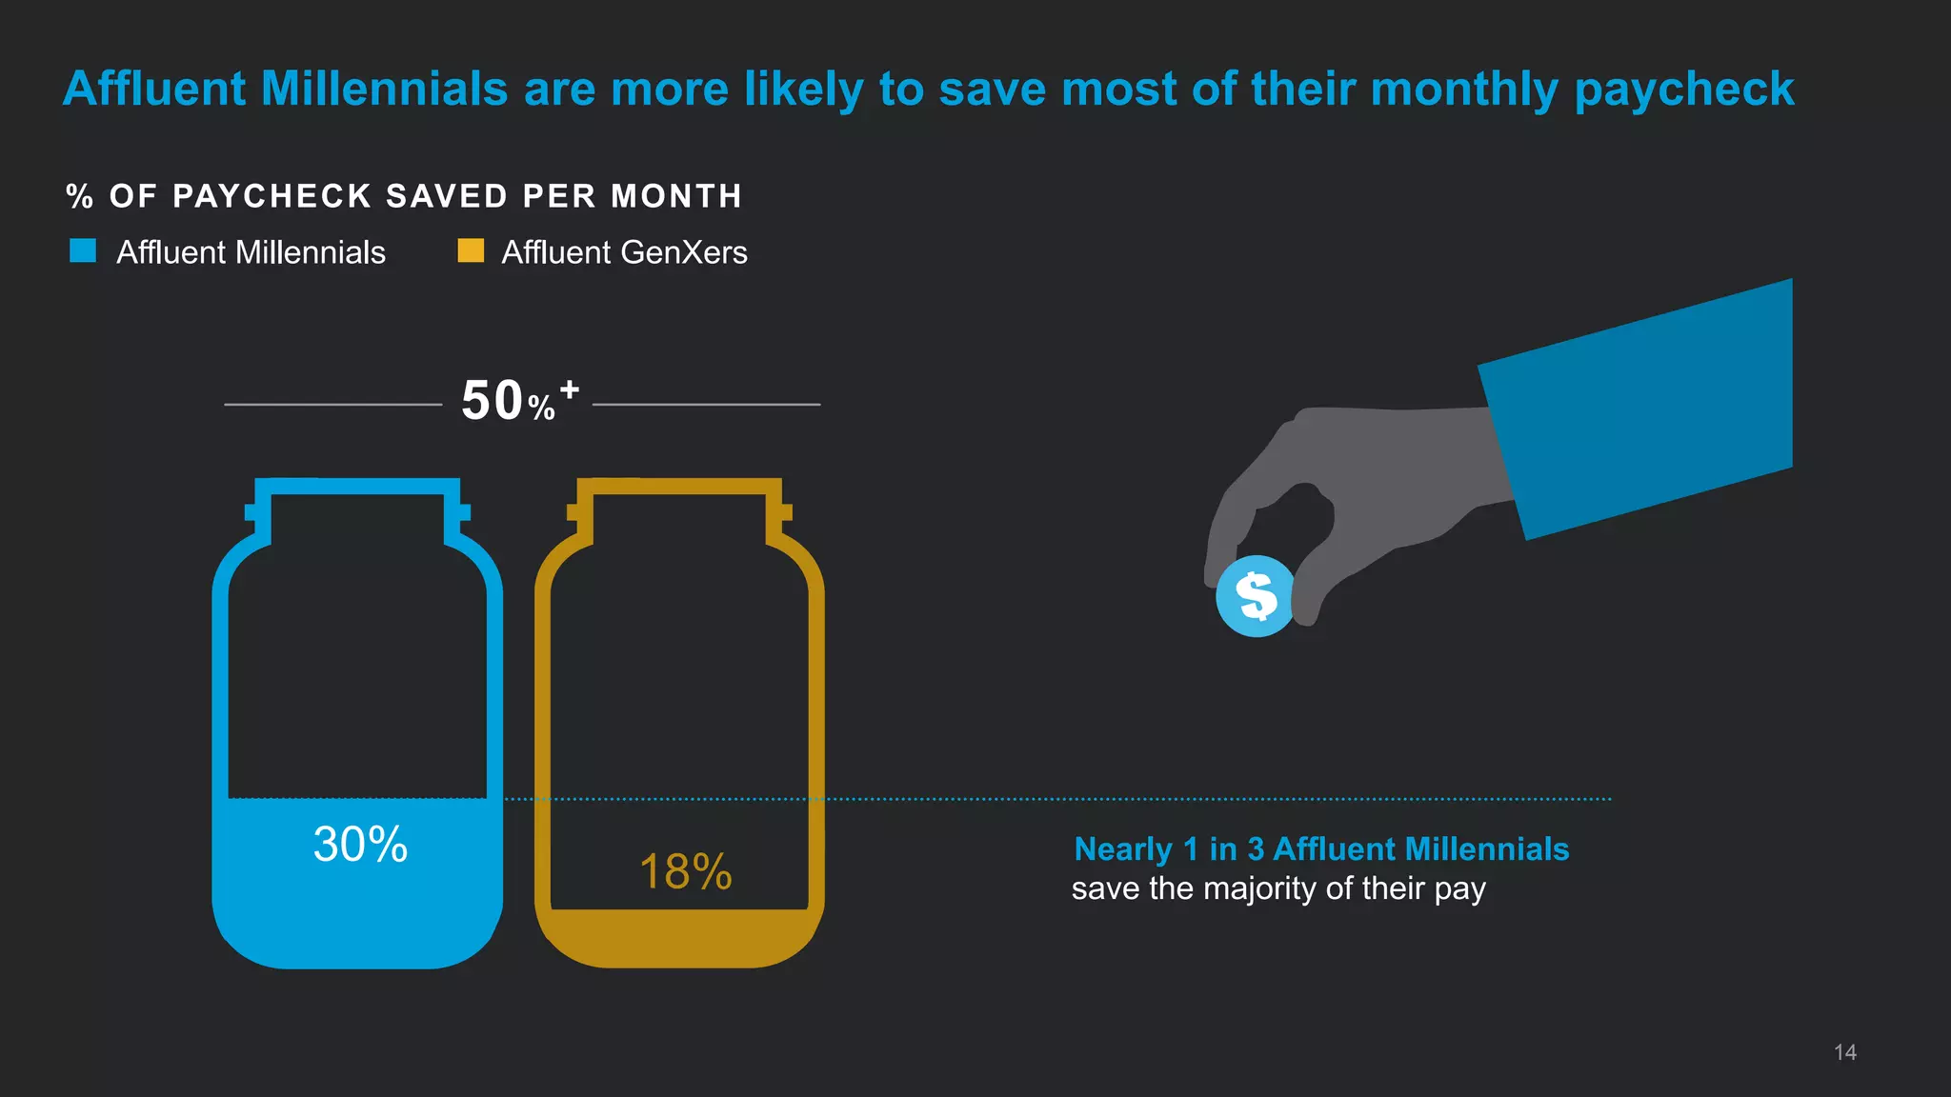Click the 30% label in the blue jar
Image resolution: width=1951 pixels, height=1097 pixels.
(360, 845)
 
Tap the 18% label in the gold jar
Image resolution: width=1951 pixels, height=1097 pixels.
(685, 872)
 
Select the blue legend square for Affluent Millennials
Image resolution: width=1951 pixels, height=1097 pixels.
(83, 250)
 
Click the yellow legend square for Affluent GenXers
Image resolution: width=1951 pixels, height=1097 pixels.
(471, 250)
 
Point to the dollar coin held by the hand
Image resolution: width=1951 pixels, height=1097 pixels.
(1256, 596)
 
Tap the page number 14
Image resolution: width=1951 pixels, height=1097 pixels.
(1844, 1052)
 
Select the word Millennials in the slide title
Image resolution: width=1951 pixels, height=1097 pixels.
(384, 90)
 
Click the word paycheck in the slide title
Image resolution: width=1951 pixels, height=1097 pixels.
(1683, 90)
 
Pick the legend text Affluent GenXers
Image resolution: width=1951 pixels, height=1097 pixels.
(624, 252)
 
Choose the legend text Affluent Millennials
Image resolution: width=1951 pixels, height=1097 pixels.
(251, 252)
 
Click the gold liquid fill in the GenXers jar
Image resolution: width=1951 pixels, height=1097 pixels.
(679, 938)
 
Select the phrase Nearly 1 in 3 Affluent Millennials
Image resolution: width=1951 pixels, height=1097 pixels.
(1321, 848)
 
